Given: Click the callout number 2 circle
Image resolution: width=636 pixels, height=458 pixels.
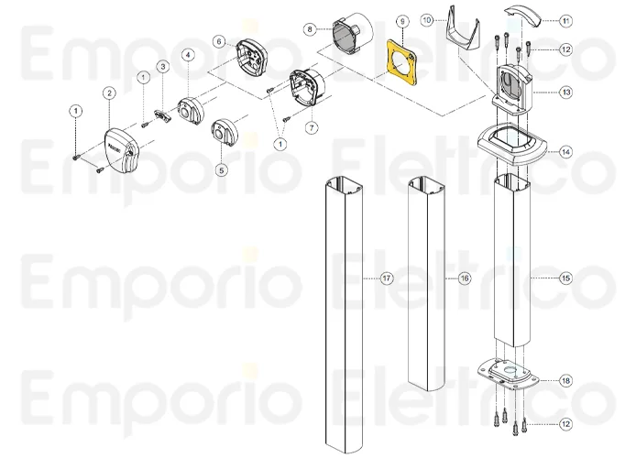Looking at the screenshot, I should [x=109, y=93].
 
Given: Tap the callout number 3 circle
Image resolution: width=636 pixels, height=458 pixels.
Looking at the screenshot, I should [x=161, y=66].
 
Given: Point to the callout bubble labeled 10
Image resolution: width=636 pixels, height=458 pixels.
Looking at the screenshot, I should [x=427, y=19].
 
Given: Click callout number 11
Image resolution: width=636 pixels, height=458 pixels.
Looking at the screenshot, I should [x=565, y=19].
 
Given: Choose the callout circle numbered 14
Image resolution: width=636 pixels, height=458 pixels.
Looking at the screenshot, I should [x=565, y=151].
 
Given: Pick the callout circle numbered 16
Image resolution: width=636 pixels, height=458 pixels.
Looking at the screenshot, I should [x=465, y=278].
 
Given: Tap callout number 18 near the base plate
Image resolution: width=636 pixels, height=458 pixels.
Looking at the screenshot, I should [x=565, y=379].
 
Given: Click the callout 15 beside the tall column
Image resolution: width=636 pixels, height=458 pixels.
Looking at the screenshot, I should [x=565, y=277].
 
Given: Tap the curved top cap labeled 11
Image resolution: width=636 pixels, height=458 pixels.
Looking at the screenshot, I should [x=527, y=16].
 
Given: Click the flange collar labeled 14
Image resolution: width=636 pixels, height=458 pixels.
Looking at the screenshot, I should [x=513, y=147].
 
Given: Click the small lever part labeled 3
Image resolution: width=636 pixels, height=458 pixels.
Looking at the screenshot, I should [x=162, y=114].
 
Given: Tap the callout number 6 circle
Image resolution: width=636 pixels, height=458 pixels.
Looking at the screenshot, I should [x=218, y=41].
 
